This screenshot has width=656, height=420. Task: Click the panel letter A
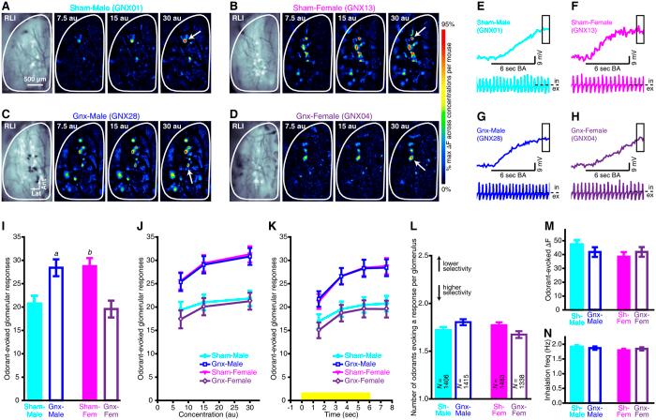coord(6,7)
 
